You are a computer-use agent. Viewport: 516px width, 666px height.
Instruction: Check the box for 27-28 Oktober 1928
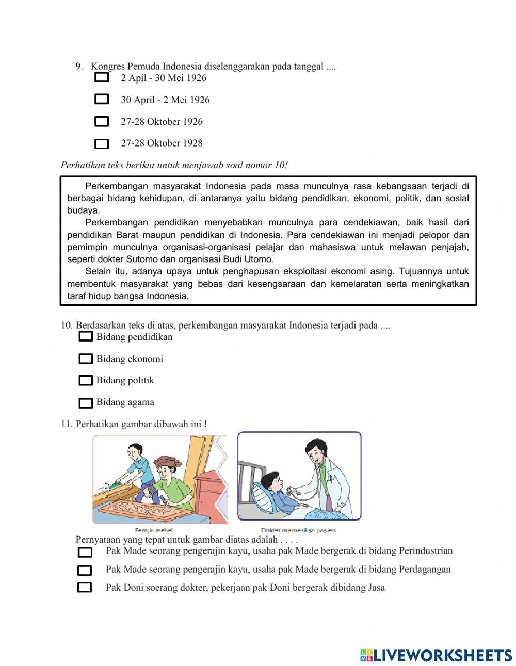pyautogui.click(x=102, y=144)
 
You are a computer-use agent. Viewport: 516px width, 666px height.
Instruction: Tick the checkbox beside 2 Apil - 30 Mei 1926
pyautogui.click(x=102, y=78)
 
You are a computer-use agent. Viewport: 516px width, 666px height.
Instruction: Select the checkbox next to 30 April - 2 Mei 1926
pyautogui.click(x=102, y=99)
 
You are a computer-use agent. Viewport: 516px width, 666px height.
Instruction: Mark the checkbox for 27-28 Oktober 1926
pyautogui.click(x=102, y=122)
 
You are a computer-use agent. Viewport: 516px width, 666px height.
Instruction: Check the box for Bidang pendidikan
pyautogui.click(x=86, y=337)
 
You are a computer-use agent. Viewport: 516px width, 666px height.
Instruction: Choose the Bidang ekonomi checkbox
pyautogui.click(x=86, y=359)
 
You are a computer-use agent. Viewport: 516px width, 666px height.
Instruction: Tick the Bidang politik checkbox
pyautogui.click(x=86, y=381)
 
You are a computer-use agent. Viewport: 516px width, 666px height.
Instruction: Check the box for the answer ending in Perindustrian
pyautogui.click(x=85, y=553)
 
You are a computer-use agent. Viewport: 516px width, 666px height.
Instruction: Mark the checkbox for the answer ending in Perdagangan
pyautogui.click(x=85, y=571)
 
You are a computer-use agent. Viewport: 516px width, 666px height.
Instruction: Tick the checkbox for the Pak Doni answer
pyautogui.click(x=85, y=588)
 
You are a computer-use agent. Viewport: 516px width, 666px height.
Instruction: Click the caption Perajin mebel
pyautogui.click(x=154, y=530)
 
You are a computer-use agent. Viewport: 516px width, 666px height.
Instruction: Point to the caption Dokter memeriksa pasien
pyautogui.click(x=298, y=530)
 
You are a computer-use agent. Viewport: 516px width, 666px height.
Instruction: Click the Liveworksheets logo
pyautogui.click(x=436, y=655)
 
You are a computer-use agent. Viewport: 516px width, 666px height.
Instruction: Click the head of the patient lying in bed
pyautogui.click(x=271, y=482)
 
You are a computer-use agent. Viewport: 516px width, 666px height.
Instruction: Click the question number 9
pyautogui.click(x=79, y=67)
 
